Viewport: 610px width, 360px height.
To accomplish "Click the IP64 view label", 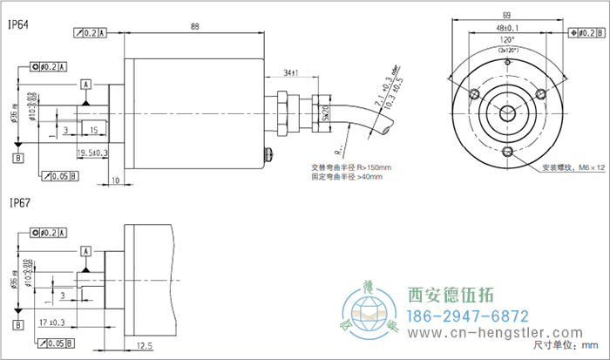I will (19, 26).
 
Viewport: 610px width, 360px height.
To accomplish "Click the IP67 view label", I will (19, 203).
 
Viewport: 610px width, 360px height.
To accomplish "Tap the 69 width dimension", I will (506, 16).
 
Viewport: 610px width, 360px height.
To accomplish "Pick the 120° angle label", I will (506, 40).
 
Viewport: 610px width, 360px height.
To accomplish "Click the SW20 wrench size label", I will (325, 113).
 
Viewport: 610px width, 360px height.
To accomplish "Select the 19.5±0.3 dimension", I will (92, 153).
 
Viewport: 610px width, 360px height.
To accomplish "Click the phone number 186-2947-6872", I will (469, 315).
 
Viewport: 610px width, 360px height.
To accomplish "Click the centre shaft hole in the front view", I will (506, 111).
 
